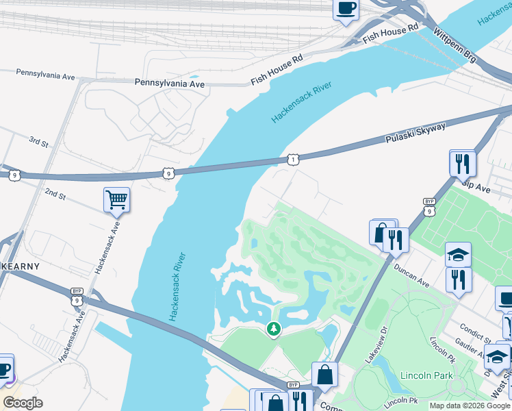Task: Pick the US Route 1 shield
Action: pos(293,159)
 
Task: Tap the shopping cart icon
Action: pos(116,200)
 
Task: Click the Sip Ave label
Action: pos(476,185)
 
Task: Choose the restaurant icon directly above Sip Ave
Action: pos(462,163)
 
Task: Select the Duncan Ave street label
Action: pos(411,273)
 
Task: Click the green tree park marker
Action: pos(274,329)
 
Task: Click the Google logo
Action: pos(23,402)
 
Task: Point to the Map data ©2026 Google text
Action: pos(470,406)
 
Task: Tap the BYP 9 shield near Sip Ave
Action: pos(429,206)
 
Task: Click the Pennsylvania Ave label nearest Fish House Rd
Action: pos(169,84)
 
